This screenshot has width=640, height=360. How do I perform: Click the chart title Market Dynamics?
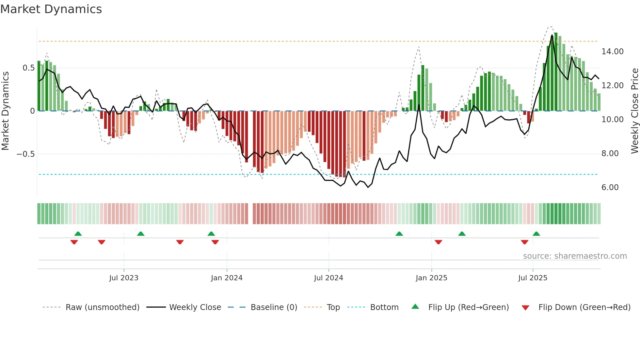point(51,9)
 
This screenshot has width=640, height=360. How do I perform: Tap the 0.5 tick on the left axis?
point(28,68)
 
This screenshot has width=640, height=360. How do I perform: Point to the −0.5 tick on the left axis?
point(26,154)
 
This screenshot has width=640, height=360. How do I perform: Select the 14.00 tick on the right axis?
point(612,52)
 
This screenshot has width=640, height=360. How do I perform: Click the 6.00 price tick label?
point(610,188)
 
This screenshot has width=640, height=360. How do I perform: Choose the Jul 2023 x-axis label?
point(124,278)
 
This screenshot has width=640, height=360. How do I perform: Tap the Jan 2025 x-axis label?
point(431,278)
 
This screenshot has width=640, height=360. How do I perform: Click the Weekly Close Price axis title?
point(634,111)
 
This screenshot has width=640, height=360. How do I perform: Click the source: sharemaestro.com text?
point(575,256)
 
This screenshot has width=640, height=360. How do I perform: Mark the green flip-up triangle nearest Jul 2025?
point(536,234)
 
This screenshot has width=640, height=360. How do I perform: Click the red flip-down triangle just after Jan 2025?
point(438,242)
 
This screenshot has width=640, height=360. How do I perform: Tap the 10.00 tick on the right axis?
point(612,120)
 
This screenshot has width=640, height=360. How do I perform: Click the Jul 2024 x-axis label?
point(328,278)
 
